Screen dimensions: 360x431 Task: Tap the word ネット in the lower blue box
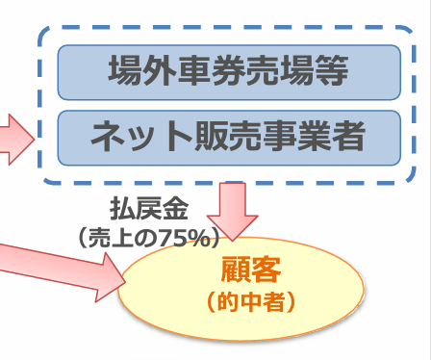(131, 137)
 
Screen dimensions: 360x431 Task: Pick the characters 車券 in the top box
(211, 71)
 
